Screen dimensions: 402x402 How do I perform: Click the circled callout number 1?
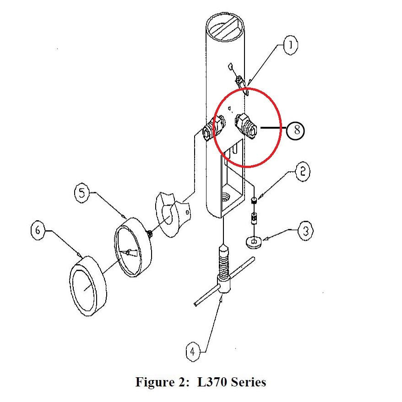(290, 45)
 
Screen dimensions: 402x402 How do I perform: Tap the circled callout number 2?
(302, 172)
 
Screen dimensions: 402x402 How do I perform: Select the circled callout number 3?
(305, 230)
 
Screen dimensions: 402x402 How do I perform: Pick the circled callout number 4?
(193, 352)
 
